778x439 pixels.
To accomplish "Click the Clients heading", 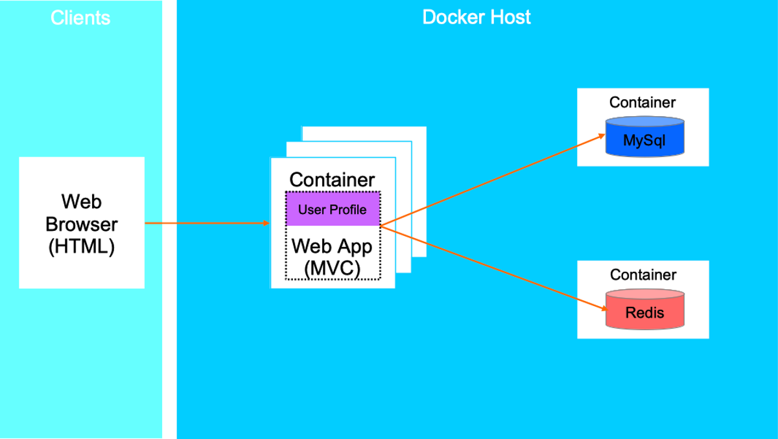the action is (x=80, y=18).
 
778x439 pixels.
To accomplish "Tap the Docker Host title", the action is (x=476, y=17).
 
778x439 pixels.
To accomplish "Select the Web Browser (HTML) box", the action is (x=82, y=222).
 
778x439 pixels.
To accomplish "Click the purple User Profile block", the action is (x=333, y=209).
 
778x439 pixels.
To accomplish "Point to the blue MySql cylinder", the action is (x=645, y=137).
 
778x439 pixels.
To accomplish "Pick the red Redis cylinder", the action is (x=645, y=309).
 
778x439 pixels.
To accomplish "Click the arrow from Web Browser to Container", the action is (x=207, y=223).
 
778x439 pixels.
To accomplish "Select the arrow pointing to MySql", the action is (x=493, y=180).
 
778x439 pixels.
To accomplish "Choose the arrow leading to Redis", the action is (x=493, y=268).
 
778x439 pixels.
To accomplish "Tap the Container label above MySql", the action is (x=642, y=102).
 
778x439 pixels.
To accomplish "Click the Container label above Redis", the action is (x=643, y=275).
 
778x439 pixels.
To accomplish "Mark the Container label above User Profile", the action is (x=332, y=180).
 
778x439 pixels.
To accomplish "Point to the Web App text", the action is (x=332, y=246).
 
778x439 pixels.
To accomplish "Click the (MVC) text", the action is (x=332, y=268).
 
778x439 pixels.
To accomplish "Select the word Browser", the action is (x=82, y=224).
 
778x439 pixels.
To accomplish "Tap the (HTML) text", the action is (x=82, y=246).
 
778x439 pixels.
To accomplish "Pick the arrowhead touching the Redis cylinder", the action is (x=604, y=309).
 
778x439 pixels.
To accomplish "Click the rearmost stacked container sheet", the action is (x=419, y=192).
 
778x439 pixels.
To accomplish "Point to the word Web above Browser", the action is (x=82, y=202).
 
